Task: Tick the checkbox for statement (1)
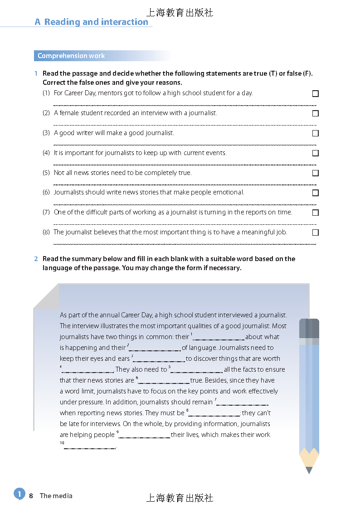(316, 93)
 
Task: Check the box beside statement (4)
(316, 153)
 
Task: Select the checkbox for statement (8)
(316, 233)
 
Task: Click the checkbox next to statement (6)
(316, 193)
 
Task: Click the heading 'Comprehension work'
(71, 56)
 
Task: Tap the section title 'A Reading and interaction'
(92, 22)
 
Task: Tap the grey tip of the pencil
(309, 470)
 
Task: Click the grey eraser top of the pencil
(309, 328)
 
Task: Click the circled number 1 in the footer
(19, 494)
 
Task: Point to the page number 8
(31, 496)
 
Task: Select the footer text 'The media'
(56, 496)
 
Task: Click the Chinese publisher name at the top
(180, 13)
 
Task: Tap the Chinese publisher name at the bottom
(180, 498)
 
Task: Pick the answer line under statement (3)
(185, 145)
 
